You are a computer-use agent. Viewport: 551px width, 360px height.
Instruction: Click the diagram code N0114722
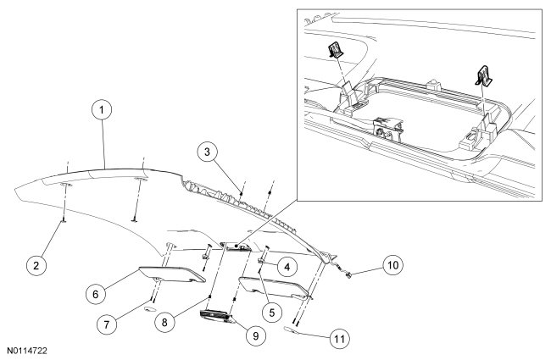[32, 349]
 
